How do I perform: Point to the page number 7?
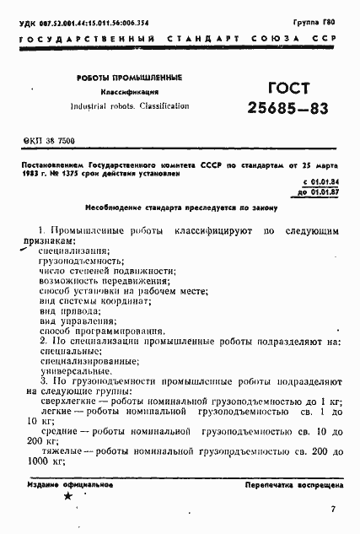click(333, 509)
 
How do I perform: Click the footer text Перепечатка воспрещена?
click(293, 487)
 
